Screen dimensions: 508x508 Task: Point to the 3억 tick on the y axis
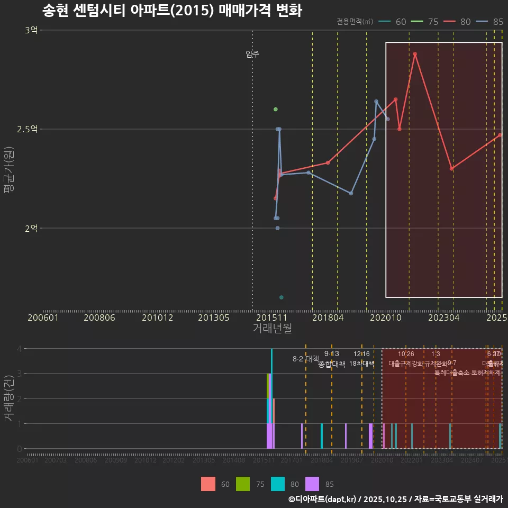[x=31, y=30]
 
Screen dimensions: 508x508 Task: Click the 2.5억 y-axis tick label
[x=27, y=129]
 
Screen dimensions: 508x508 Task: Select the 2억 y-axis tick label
[x=31, y=228]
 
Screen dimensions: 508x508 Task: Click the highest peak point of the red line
[x=415, y=54]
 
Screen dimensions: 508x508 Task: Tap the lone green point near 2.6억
[x=275, y=110]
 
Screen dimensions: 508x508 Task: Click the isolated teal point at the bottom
[x=282, y=297]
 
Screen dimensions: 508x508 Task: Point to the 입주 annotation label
[x=252, y=54]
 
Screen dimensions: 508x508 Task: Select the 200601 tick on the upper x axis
[x=43, y=317]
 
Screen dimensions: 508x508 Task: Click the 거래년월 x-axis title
[x=272, y=329]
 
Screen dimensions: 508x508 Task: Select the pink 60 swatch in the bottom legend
[x=208, y=484]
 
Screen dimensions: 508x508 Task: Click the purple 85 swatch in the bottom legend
[x=313, y=484]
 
